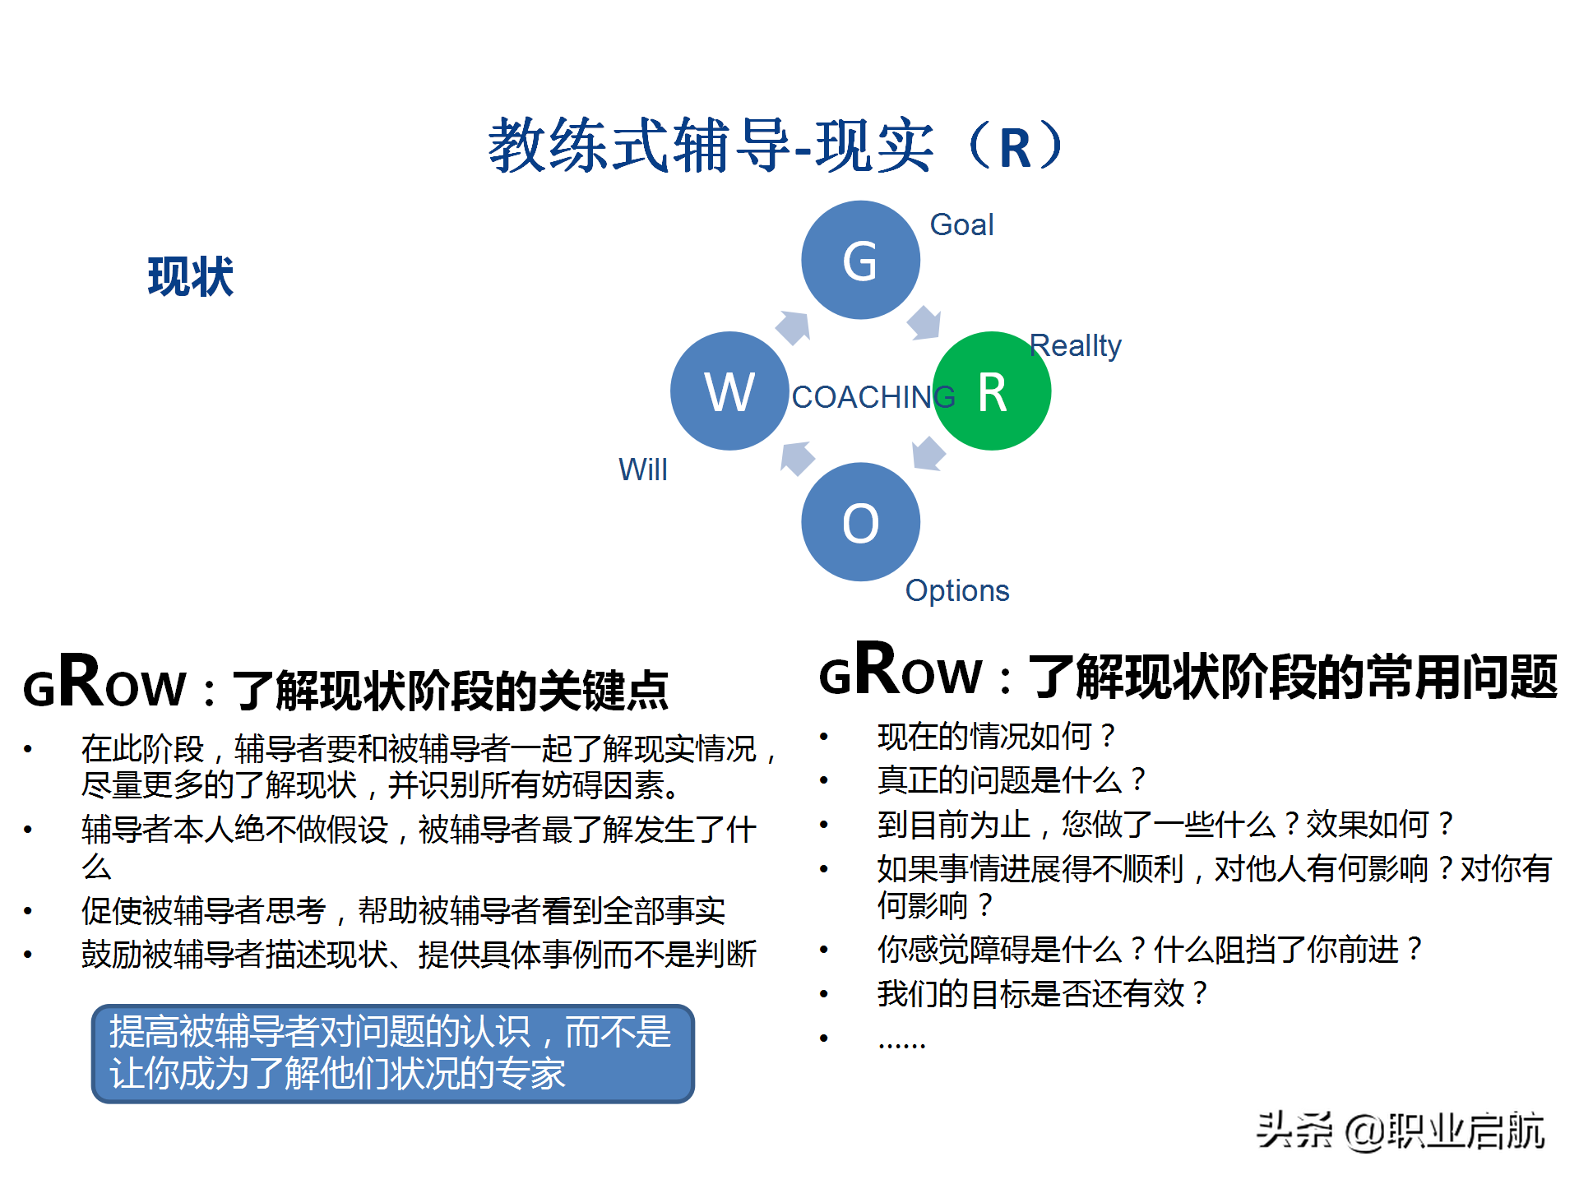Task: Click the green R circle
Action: coord(992,391)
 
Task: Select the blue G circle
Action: coord(860,260)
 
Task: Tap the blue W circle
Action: coord(729,391)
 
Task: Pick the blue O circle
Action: coord(860,522)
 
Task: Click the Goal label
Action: coord(961,224)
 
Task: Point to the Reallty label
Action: coord(1075,345)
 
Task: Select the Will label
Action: coord(642,469)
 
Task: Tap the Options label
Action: coord(956,590)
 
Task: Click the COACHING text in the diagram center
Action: coord(872,397)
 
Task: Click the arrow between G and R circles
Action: coord(924,322)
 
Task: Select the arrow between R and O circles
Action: coord(928,453)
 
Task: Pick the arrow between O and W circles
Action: coord(797,458)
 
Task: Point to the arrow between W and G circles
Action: coord(794,327)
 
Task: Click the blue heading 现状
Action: coord(191,276)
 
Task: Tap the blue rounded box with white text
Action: coord(393,1053)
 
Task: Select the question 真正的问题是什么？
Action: coord(1011,779)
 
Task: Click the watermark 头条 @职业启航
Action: coord(1401,1131)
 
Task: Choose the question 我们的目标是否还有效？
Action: coord(1042,993)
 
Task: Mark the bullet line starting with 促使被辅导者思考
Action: coord(403,910)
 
